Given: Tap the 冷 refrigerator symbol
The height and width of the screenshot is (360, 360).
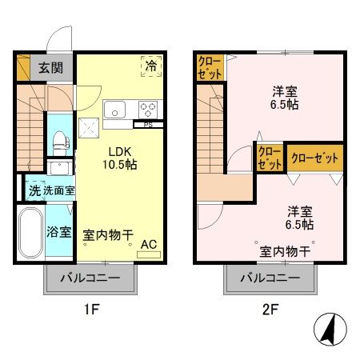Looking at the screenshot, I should tap(150, 66).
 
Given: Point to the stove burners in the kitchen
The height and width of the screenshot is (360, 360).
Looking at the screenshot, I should tap(148, 109).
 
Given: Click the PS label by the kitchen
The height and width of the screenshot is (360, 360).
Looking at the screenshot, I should tap(149, 125).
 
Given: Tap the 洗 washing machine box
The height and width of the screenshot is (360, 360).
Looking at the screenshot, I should tap(34, 192).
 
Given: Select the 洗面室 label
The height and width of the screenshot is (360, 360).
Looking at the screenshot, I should tap(58, 192).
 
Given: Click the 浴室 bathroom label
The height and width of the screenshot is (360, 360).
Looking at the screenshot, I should tap(59, 234).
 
